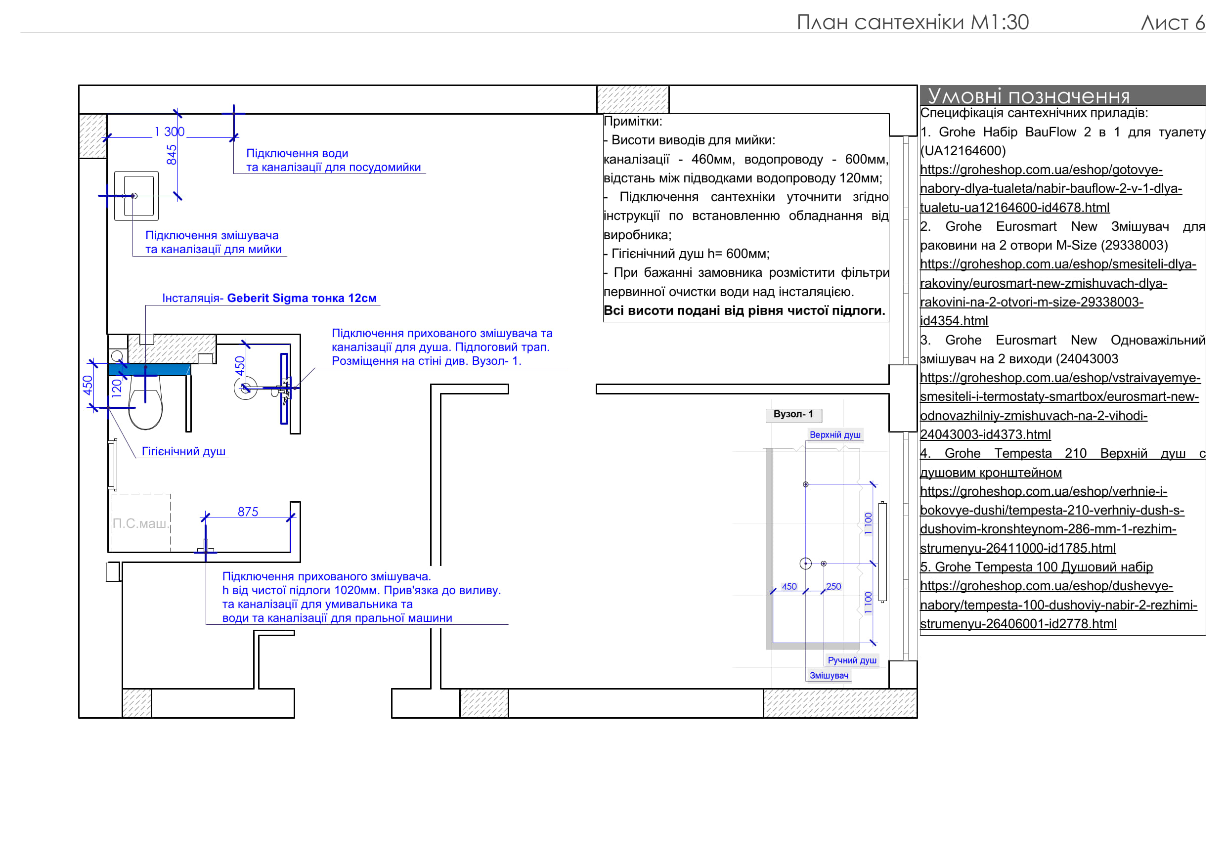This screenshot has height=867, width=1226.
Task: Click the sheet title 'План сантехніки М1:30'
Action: click(x=912, y=22)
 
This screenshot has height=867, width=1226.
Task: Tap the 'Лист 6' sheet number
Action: click(x=1173, y=22)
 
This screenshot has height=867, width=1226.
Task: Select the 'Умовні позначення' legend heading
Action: click(x=1028, y=96)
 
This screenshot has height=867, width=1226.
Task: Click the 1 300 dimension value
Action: click(x=169, y=131)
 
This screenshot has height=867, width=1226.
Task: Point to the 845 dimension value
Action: click(x=172, y=155)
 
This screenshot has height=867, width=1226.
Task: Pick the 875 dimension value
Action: click(x=248, y=512)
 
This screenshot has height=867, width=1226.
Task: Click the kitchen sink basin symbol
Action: click(x=137, y=196)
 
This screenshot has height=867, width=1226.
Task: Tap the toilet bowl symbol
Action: click(x=145, y=409)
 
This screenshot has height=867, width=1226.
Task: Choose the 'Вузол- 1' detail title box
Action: click(x=793, y=414)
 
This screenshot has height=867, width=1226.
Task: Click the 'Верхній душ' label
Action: click(x=835, y=435)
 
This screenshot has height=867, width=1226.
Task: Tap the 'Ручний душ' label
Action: click(x=852, y=660)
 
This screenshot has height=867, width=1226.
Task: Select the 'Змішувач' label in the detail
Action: click(x=829, y=675)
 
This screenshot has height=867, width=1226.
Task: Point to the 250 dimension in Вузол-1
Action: click(x=833, y=587)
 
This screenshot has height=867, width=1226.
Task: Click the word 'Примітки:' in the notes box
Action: click(x=633, y=121)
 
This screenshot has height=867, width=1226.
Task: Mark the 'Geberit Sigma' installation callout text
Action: click(x=269, y=298)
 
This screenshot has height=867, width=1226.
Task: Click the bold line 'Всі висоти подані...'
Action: click(x=744, y=311)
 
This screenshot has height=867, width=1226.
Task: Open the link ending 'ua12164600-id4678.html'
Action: click(x=1014, y=208)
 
